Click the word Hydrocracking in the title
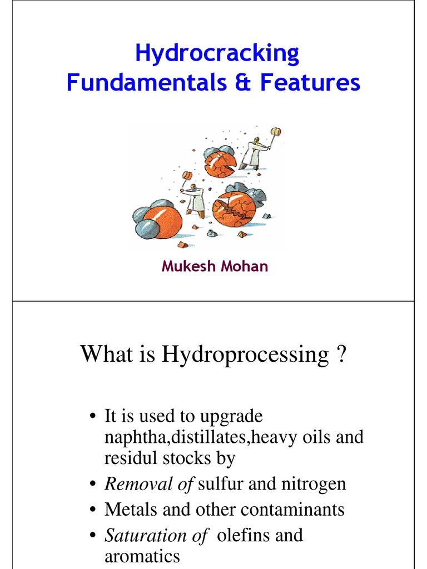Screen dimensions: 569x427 click(217, 54)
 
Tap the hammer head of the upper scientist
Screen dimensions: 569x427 click(275, 131)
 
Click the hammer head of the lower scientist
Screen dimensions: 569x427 click(187, 175)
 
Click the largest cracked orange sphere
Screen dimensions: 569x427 click(235, 208)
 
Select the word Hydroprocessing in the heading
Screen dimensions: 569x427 click(245, 354)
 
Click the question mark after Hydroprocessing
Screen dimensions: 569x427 click(342, 354)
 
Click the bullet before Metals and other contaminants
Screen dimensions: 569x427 click(94, 510)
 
